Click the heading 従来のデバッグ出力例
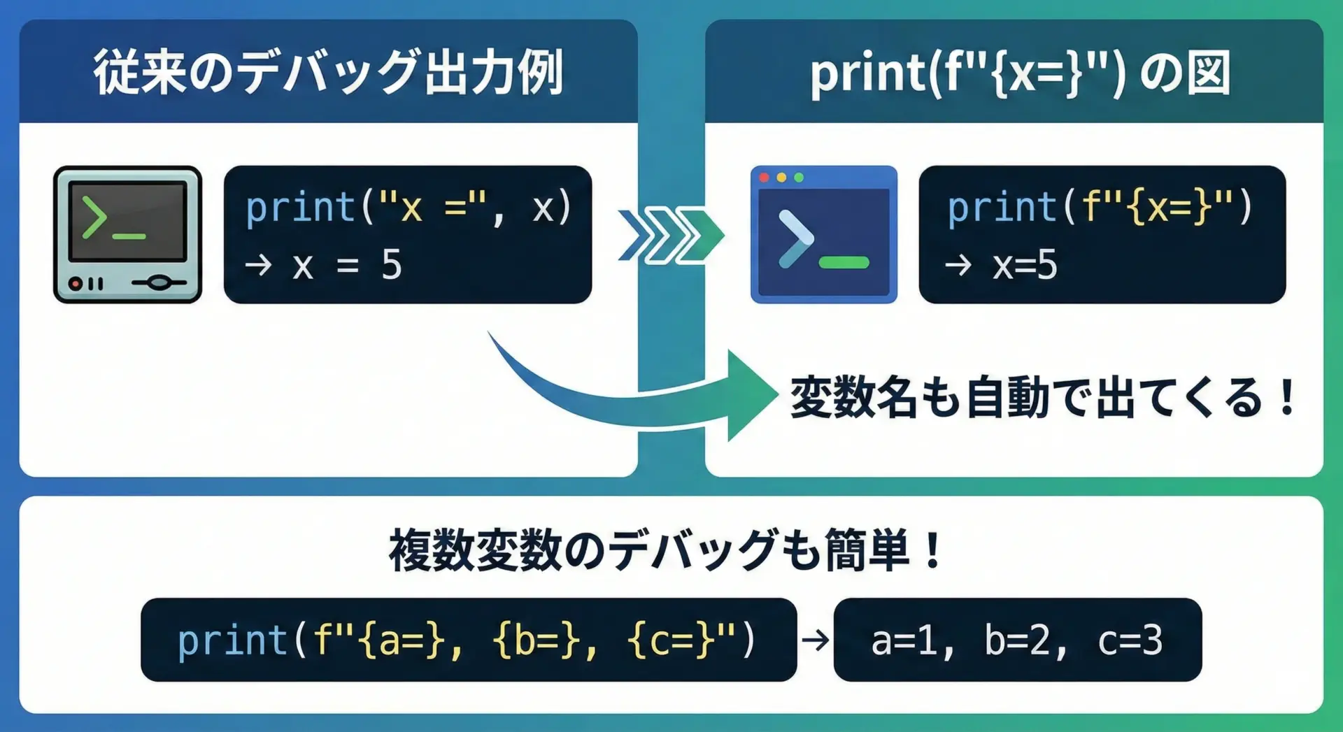[329, 72]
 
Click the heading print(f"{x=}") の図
[1020, 73]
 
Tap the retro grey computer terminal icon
[127, 234]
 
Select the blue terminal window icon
[823, 234]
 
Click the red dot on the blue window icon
[764, 178]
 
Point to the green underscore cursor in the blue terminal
[844, 263]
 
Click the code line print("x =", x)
[408, 208]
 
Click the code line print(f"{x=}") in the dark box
[1099, 208]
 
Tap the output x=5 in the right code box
[1025, 266]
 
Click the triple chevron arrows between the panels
[671, 235]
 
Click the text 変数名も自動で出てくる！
[1043, 397]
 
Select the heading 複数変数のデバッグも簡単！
[666, 550]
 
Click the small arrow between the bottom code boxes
[815, 640]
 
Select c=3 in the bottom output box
[1130, 640]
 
